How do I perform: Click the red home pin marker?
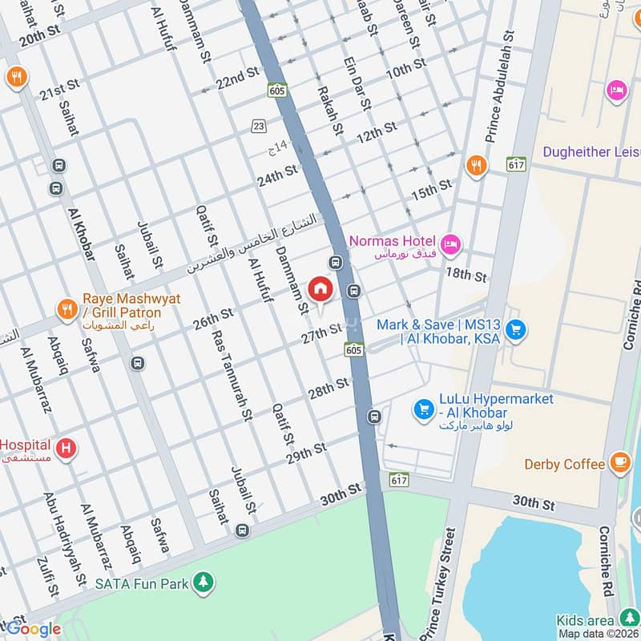[320, 289]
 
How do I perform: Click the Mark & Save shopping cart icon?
[517, 329]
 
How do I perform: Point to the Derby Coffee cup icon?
[619, 462]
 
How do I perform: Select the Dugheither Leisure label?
[591, 152]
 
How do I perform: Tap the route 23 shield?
[258, 126]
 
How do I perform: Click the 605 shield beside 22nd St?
[277, 91]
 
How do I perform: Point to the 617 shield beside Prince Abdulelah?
[515, 163]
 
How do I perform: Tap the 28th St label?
[328, 389]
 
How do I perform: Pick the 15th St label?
[431, 190]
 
